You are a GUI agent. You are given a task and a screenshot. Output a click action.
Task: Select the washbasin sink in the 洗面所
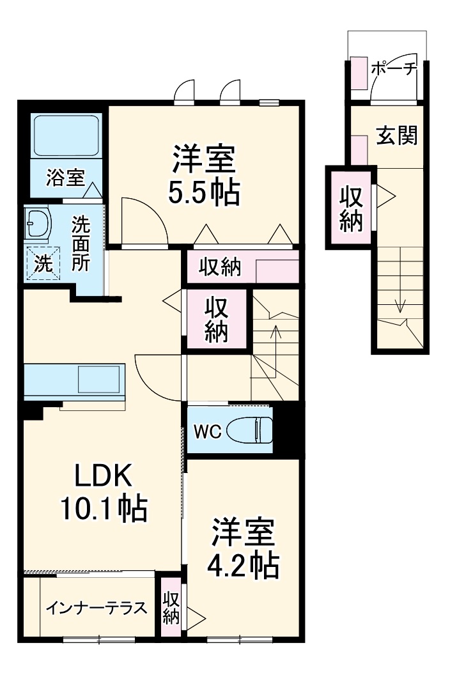click(36, 222)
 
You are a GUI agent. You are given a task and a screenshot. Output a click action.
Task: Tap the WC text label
click(207, 432)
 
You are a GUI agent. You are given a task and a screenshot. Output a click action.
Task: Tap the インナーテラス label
click(97, 608)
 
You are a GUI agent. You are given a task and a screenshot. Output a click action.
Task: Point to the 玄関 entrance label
click(396, 136)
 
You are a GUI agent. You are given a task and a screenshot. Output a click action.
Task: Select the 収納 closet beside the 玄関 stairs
click(350, 208)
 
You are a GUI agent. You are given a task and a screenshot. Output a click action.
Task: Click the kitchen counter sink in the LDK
click(98, 380)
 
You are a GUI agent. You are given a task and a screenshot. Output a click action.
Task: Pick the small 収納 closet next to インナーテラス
click(171, 607)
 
